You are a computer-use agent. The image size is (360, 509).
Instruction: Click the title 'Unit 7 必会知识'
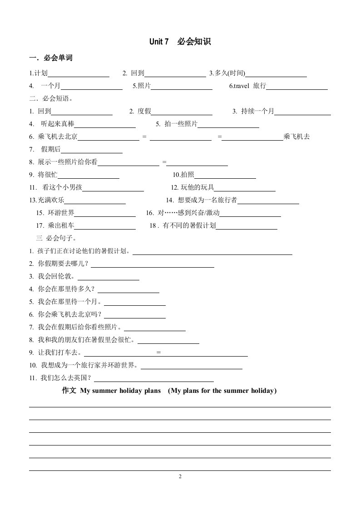(180, 42)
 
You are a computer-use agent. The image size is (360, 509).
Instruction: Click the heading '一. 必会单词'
(51, 58)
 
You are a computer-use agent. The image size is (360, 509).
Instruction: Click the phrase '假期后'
(50, 149)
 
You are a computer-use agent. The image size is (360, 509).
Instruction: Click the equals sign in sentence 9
(158, 352)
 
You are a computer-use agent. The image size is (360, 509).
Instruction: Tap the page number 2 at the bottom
(180, 476)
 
